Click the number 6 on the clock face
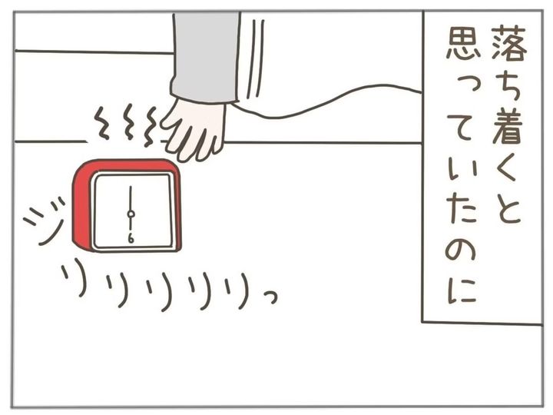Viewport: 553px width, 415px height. click(x=131, y=239)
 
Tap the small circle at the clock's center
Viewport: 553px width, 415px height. click(x=131, y=214)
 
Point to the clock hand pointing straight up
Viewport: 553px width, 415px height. click(x=131, y=198)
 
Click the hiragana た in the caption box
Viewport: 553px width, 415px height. click(x=462, y=212)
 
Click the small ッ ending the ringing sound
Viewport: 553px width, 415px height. click(x=270, y=298)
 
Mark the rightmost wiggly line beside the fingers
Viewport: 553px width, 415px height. click(x=151, y=127)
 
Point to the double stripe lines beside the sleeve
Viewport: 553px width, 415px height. click(x=255, y=58)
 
